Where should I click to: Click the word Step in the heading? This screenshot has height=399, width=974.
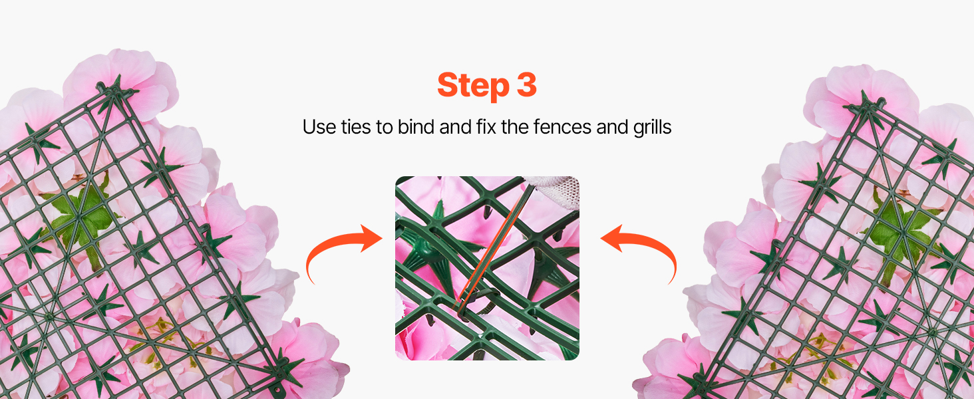473,86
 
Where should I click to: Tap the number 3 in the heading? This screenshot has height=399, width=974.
527,84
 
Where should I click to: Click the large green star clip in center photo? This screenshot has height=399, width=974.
430,248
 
